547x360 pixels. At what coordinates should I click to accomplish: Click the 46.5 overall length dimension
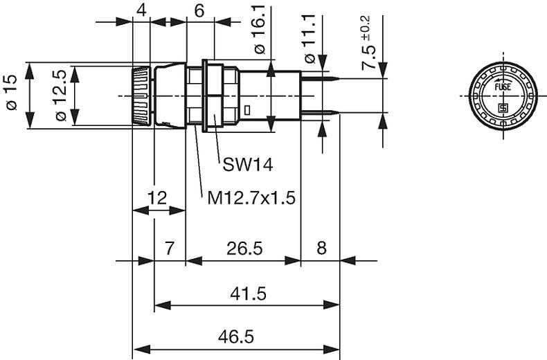point(235,337)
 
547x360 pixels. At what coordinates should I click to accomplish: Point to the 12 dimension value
point(158,199)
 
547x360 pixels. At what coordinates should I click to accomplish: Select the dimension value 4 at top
point(141,10)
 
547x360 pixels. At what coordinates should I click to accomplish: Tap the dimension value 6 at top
point(200,10)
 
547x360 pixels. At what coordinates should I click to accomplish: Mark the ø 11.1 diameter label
point(310,42)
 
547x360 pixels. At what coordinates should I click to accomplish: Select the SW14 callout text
point(248,165)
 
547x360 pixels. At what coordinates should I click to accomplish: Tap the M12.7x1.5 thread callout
point(252,199)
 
